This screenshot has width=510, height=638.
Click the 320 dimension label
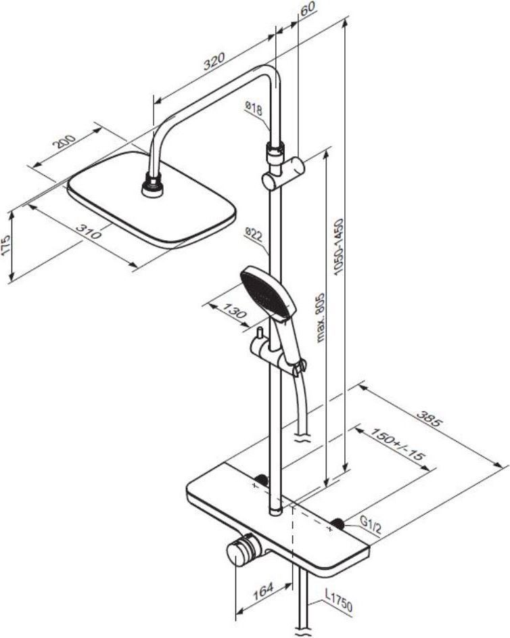click(x=214, y=62)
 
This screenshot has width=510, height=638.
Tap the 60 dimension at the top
click(x=308, y=9)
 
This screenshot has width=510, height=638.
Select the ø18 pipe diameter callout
click(x=254, y=108)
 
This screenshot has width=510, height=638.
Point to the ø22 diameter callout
click(x=254, y=234)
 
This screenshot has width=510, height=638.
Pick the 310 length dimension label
click(x=89, y=232)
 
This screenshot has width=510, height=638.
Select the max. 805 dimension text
click(x=321, y=318)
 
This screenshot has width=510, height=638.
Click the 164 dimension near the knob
click(x=263, y=591)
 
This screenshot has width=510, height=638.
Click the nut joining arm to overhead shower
click(x=152, y=185)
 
